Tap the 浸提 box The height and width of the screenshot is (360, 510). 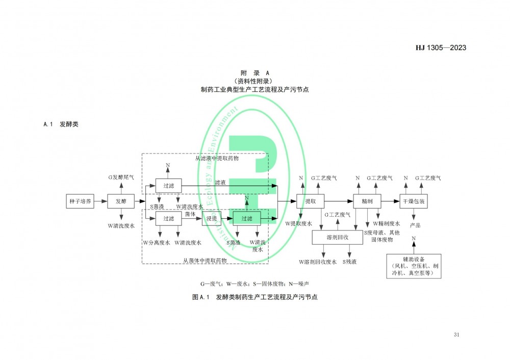[212, 219]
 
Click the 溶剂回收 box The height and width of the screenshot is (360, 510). [337, 237]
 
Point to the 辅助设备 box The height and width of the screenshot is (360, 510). [414, 266]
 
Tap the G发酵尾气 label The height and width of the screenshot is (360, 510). [121, 177]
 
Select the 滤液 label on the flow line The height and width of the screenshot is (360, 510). [220, 182]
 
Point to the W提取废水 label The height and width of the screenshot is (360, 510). [298, 223]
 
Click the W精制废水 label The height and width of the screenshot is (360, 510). [386, 223]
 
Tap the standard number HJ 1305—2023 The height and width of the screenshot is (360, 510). [441, 48]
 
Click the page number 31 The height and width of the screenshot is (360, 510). [456, 335]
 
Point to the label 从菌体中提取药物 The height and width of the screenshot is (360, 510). [205, 260]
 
